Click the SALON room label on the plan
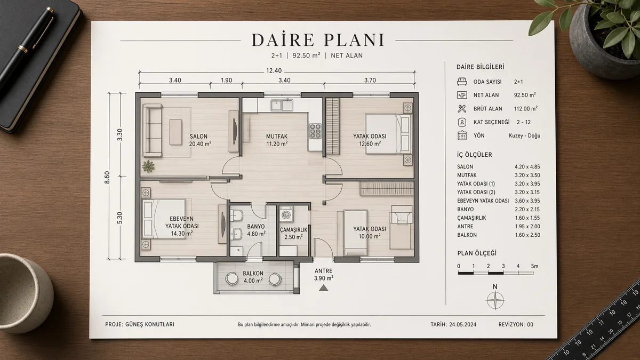[x=198, y=137]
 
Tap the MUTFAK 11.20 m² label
[x=277, y=140]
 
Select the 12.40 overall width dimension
[x=274, y=70]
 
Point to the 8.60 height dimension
[x=107, y=177]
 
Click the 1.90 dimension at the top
[x=226, y=81]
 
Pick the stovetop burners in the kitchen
[x=315, y=131]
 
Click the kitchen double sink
[x=282, y=105]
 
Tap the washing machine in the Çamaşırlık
[x=286, y=214]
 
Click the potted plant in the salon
[x=148, y=166]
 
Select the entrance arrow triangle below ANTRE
[x=323, y=289]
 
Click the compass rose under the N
[x=495, y=300]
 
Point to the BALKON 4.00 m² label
[x=253, y=277]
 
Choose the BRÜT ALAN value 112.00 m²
[x=526, y=109]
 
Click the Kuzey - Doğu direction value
[x=525, y=135]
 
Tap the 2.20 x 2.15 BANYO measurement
[x=527, y=210]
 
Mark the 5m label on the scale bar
[x=534, y=266]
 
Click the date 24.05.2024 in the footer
[x=462, y=325]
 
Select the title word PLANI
[x=354, y=41]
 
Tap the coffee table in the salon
[x=175, y=132]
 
